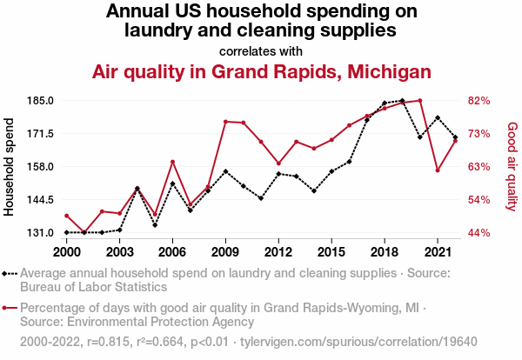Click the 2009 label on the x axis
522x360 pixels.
pyautogui.click(x=225, y=251)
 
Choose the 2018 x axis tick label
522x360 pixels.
pyautogui.click(x=385, y=251)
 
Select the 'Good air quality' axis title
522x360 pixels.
pyautogui.click(x=512, y=167)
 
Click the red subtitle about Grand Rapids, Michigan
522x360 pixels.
pyautogui.click(x=261, y=71)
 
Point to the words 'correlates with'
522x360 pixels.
pyautogui.click(x=261, y=50)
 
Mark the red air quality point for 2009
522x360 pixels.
pyautogui.click(x=225, y=122)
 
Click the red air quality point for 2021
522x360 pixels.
pyautogui.click(x=438, y=170)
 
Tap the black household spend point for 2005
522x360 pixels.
pyautogui.click(x=155, y=225)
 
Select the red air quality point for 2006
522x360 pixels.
pyautogui.click(x=172, y=162)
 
